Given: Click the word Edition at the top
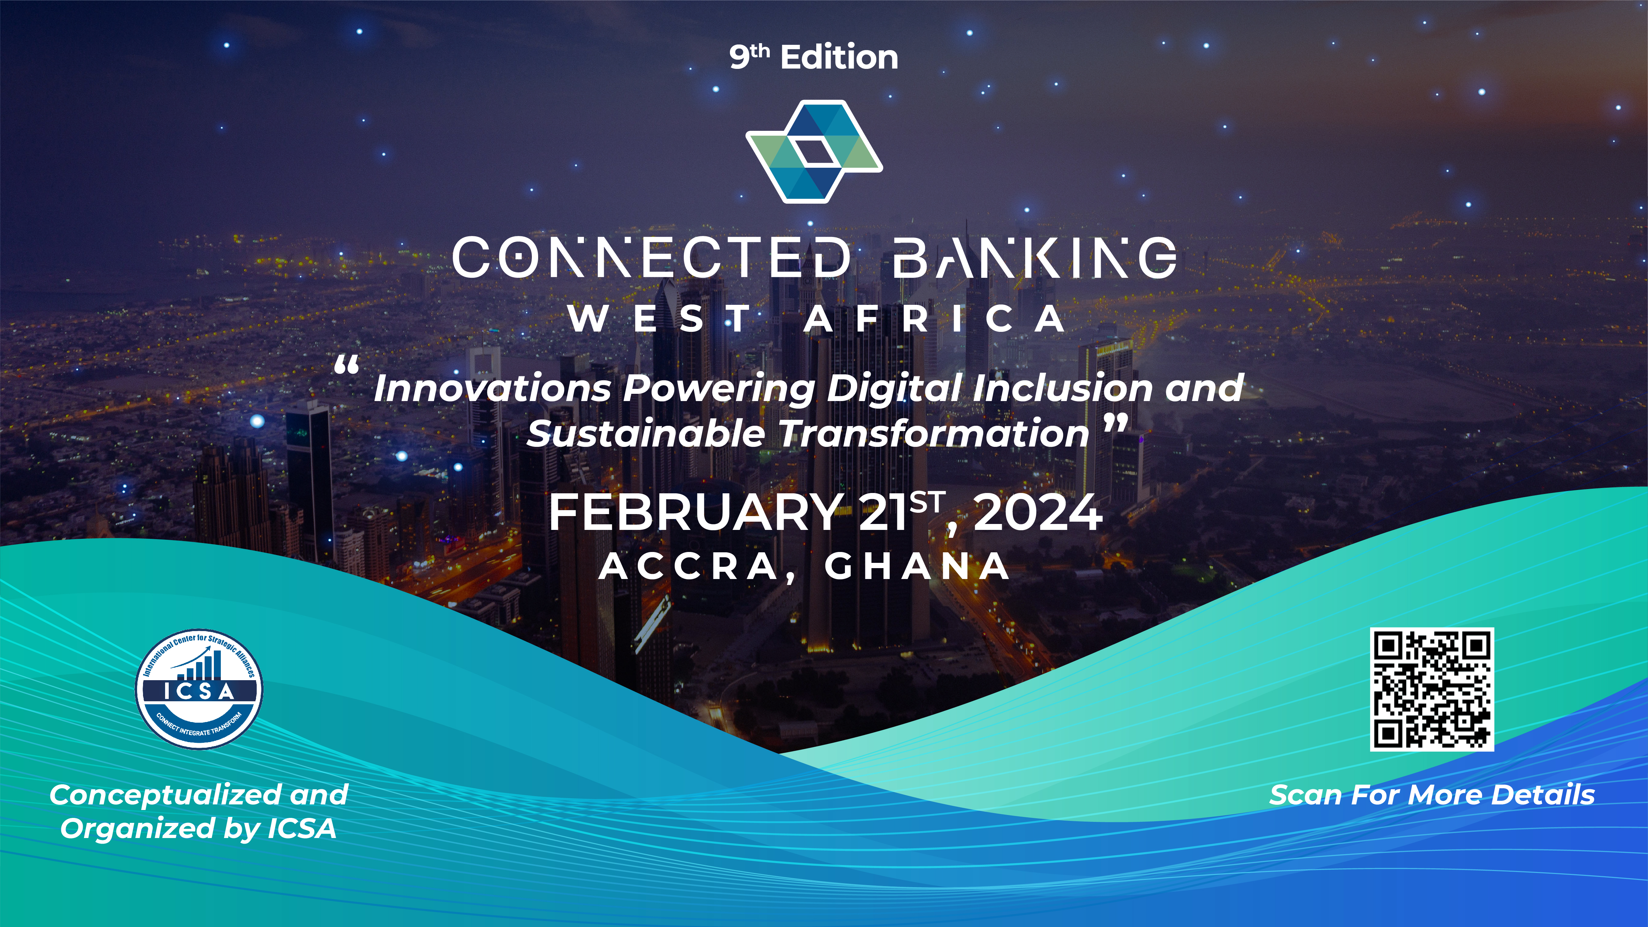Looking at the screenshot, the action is coord(839,58).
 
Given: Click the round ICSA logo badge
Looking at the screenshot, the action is coord(199,688).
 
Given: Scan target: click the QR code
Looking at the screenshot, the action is coord(1432,689).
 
